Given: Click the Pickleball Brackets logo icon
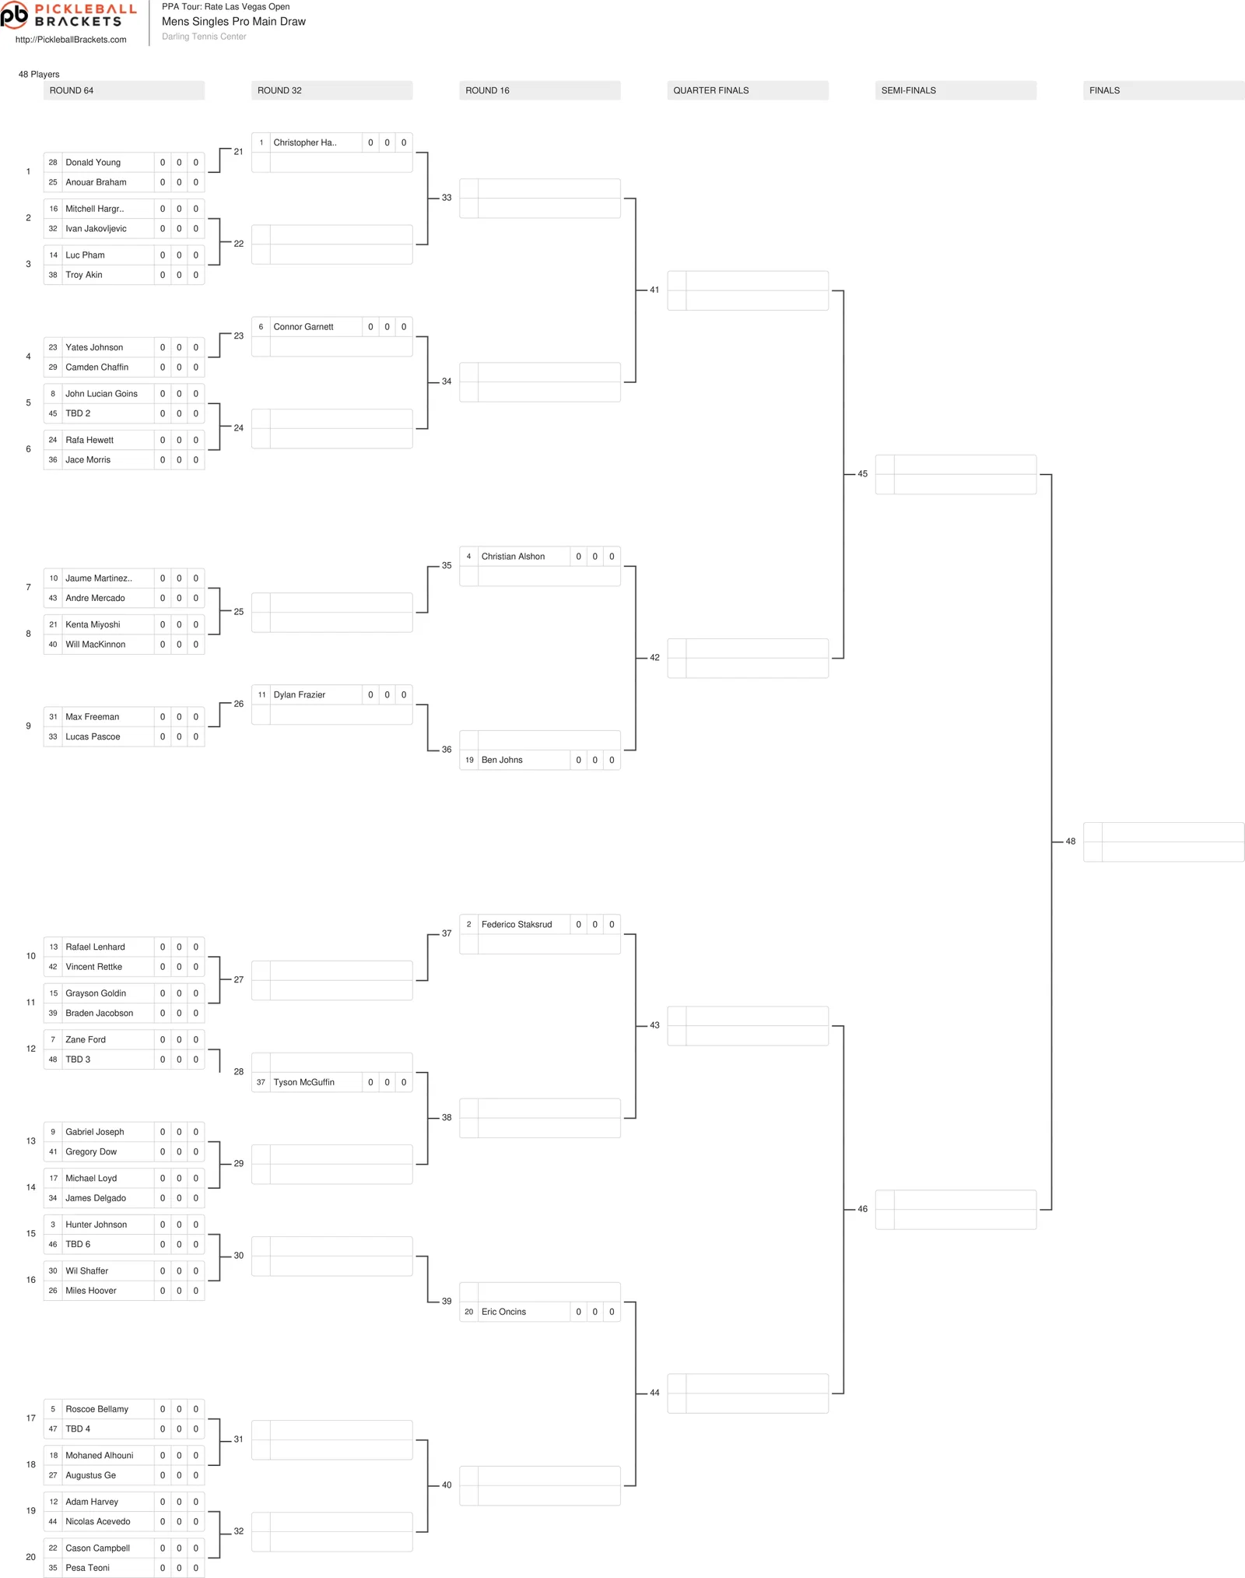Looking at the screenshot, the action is [14, 15].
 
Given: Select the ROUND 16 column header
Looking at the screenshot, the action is [487, 90].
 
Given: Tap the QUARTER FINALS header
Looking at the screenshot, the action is [710, 90].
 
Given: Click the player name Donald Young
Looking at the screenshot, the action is [93, 163].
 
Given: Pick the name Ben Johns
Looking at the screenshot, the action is [502, 760].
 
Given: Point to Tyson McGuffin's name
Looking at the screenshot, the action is [303, 1082].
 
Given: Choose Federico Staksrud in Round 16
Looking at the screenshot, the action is [516, 924].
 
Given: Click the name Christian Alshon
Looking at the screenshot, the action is [513, 557].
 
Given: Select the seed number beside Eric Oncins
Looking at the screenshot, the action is [468, 1312].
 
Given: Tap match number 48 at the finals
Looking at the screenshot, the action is [1071, 842].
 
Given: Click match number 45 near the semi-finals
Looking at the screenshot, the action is [862, 473].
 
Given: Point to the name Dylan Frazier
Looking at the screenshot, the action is [299, 694].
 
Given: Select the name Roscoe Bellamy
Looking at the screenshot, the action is [96, 1409].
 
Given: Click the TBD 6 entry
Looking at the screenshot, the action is [78, 1244].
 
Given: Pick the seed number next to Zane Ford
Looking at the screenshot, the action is [53, 1039].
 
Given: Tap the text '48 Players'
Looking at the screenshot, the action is [39, 74].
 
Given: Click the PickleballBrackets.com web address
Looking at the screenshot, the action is [71, 40].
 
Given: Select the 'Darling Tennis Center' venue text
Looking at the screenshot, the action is [204, 37].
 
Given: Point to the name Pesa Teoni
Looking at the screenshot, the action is [87, 1568].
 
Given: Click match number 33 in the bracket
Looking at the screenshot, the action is [447, 198].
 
